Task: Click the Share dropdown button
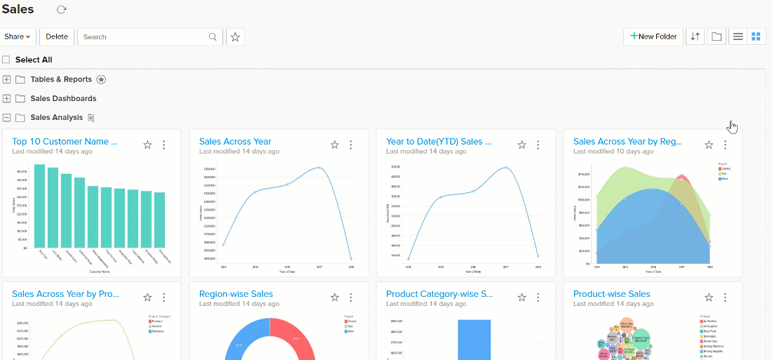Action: (x=18, y=36)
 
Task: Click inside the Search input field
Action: (x=144, y=36)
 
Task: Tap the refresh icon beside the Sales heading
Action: (x=61, y=10)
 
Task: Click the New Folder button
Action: (x=653, y=36)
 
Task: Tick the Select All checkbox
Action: (x=6, y=60)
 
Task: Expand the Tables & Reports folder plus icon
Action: (x=7, y=79)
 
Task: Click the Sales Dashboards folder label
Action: (x=63, y=98)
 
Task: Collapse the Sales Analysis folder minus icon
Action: (x=7, y=117)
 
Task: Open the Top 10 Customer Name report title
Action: (x=65, y=141)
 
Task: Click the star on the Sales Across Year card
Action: (x=335, y=145)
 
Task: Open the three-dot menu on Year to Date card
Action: (x=538, y=145)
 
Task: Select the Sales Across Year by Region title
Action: (x=627, y=141)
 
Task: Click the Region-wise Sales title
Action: (x=236, y=294)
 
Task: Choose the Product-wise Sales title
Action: (x=611, y=294)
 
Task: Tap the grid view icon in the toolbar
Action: (x=756, y=36)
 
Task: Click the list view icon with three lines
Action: (x=738, y=36)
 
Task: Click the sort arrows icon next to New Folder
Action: (x=695, y=36)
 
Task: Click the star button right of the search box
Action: (x=235, y=36)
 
